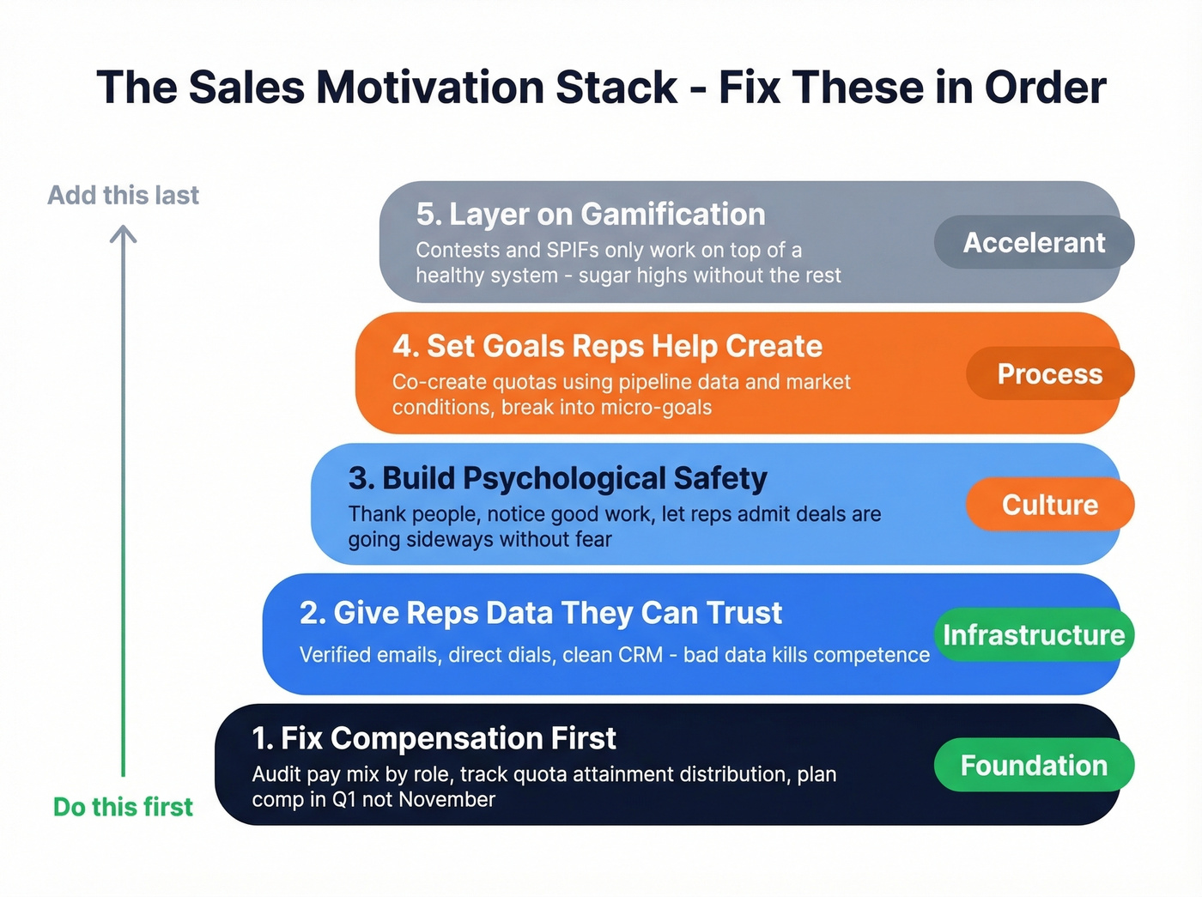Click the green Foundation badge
point(1034,765)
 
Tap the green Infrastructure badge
point(1034,634)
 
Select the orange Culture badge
point(1049,505)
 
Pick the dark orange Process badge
point(1049,373)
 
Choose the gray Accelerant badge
point(1034,242)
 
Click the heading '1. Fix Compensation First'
point(434,738)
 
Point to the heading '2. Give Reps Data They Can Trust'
point(540,613)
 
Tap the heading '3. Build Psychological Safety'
point(557,478)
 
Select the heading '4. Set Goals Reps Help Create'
point(607,346)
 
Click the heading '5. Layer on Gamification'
point(590,214)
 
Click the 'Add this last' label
point(123,196)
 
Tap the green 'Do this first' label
point(123,807)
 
